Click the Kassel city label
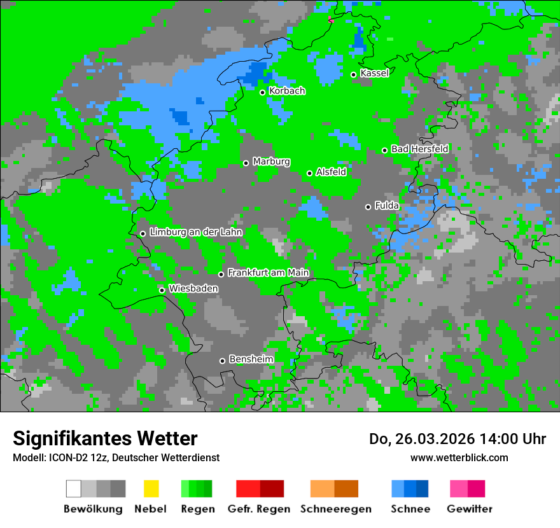pos(374,73)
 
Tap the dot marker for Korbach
pos(262,92)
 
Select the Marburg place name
pos(271,162)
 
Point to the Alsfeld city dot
pos(310,173)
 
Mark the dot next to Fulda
pos(368,207)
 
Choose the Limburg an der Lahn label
pos(196,232)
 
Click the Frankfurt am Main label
pos(268,273)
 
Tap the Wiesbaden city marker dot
pos(162,290)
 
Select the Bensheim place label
pos(251,359)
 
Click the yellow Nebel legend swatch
pos(151,489)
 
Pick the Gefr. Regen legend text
pos(259,509)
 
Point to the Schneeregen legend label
pos(335,509)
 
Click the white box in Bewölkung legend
pos(74,489)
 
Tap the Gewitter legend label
pos(470,509)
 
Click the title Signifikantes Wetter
pos(105,438)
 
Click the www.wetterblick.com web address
pos(459,457)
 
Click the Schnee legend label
pos(410,509)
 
